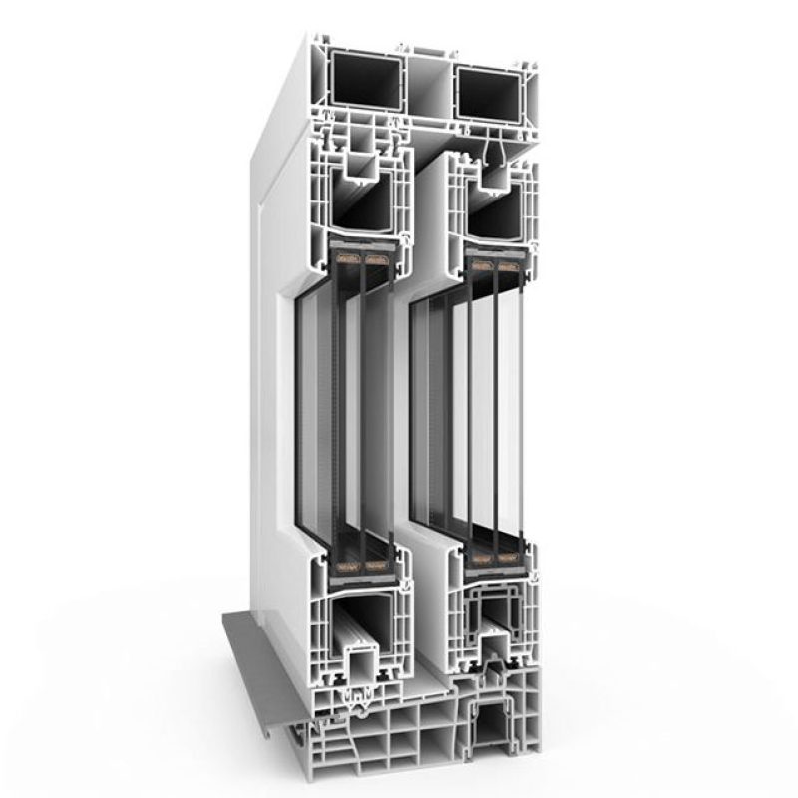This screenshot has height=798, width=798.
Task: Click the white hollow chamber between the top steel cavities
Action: (428, 85)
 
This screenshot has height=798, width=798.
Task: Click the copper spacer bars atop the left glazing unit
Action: (362, 262)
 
